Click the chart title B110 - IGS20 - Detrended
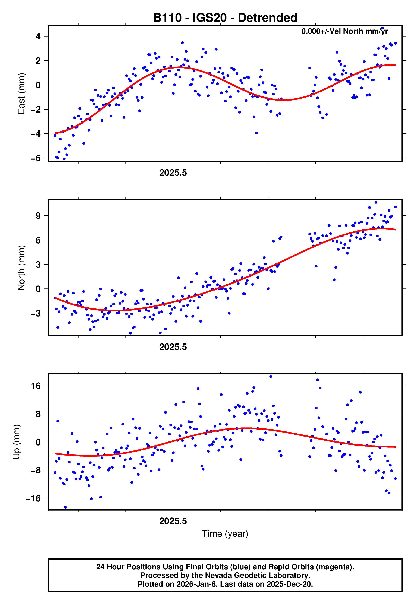(x=225, y=18)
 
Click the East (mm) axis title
(x=21, y=94)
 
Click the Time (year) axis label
(x=225, y=534)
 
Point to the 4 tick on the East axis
(x=38, y=37)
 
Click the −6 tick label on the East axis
(x=36, y=158)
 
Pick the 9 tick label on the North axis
(x=38, y=216)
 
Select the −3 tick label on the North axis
(x=36, y=314)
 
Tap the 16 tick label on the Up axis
(x=36, y=386)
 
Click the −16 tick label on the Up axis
(x=33, y=498)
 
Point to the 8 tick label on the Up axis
(x=38, y=414)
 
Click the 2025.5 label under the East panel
(x=173, y=173)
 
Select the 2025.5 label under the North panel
(x=173, y=347)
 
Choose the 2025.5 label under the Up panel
(x=173, y=521)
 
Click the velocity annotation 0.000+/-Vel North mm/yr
(x=344, y=31)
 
